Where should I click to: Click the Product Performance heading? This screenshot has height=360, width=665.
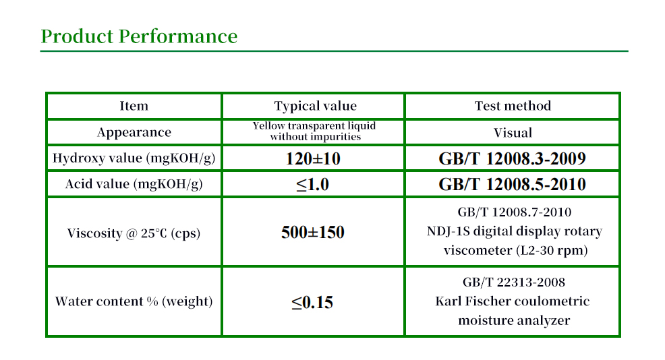pyautogui.click(x=139, y=36)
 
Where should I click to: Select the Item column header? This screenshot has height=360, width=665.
pyautogui.click(x=134, y=106)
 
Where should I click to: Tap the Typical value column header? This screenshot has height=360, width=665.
pyautogui.click(x=315, y=106)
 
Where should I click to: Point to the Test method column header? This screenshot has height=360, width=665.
pyautogui.click(x=513, y=106)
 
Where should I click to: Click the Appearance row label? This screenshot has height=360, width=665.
pyautogui.click(x=134, y=132)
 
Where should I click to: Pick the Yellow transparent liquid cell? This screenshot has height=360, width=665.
pyautogui.click(x=314, y=131)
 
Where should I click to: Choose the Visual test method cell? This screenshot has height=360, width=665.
pyautogui.click(x=513, y=133)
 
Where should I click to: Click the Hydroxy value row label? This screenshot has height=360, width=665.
pyautogui.click(x=134, y=158)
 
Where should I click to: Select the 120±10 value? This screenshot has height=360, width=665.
pyautogui.click(x=313, y=158)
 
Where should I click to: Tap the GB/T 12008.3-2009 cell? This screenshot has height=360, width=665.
pyautogui.click(x=513, y=158)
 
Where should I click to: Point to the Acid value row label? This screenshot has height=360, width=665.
pyautogui.click(x=134, y=184)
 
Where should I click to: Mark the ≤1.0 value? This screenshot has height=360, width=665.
pyautogui.click(x=312, y=185)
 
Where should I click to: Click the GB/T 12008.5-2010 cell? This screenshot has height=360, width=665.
pyautogui.click(x=513, y=185)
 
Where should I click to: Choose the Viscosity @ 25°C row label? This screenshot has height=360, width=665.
pyautogui.click(x=134, y=233)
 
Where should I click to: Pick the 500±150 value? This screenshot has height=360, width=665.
pyautogui.click(x=313, y=232)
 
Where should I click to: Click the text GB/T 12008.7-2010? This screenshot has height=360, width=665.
pyautogui.click(x=515, y=212)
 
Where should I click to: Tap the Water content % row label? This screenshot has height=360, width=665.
pyautogui.click(x=134, y=301)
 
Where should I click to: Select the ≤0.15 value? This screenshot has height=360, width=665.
pyautogui.click(x=312, y=302)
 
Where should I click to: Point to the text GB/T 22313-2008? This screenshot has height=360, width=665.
pyautogui.click(x=514, y=282)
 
